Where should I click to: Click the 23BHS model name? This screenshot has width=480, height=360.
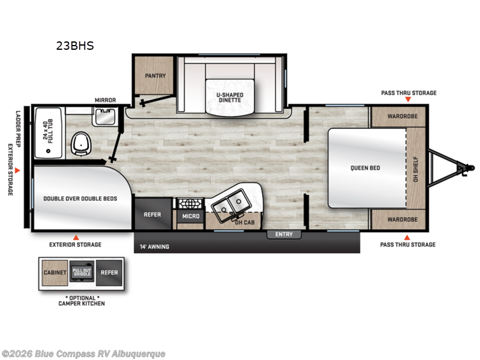(75, 45)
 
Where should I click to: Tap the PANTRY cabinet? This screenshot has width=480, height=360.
(155, 76)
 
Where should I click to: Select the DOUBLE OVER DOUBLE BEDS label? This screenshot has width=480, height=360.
(80, 198)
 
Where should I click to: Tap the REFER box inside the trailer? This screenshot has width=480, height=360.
(152, 215)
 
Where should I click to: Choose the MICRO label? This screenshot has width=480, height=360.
(190, 216)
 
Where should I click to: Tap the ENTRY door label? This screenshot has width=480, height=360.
(284, 234)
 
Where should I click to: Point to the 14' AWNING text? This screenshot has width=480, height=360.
(154, 247)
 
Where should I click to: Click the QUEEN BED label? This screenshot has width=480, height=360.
(365, 168)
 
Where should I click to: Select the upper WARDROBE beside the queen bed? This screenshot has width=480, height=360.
(398, 116)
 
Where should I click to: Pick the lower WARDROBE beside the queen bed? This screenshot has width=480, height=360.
(398, 220)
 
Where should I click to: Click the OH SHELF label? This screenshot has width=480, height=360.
(415, 168)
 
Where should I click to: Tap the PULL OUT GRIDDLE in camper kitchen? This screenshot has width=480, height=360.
(82, 272)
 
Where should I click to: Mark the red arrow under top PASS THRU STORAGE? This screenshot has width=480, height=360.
(409, 99)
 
